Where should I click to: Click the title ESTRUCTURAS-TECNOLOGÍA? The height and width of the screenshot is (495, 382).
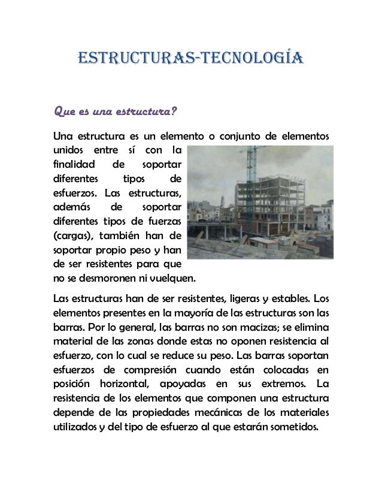191,58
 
